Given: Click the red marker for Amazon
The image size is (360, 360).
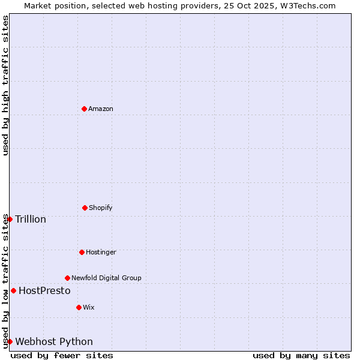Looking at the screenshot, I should pyautogui.click(x=84, y=109).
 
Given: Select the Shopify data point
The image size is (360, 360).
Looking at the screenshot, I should pyautogui.click(x=85, y=208).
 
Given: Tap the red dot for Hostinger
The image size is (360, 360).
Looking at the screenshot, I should pyautogui.click(x=82, y=252).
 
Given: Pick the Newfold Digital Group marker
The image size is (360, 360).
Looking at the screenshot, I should pyautogui.click(x=67, y=278).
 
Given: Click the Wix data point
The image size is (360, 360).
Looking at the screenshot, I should pyautogui.click(x=79, y=307).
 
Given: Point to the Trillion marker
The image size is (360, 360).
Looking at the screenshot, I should pyautogui.click(x=10, y=219).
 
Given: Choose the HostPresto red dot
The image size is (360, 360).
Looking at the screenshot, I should pyautogui.click(x=13, y=290).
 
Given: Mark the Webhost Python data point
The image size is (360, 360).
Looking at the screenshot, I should pyautogui.click(x=10, y=341).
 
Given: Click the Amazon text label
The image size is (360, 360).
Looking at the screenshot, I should pyautogui.click(x=101, y=109).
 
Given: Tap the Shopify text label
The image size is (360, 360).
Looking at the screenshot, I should pyautogui.click(x=101, y=208).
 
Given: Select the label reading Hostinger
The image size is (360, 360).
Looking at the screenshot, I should pyautogui.click(x=101, y=252).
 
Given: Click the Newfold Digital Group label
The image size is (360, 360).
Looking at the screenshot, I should pyautogui.click(x=106, y=278).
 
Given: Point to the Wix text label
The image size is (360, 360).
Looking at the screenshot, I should pyautogui.click(x=89, y=307).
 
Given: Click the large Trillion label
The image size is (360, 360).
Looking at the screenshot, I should pyautogui.click(x=31, y=219).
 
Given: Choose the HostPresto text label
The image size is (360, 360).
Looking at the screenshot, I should pyautogui.click(x=44, y=290).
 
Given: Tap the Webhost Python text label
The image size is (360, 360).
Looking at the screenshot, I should pyautogui.click(x=54, y=341).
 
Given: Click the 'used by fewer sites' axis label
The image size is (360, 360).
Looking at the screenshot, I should pyautogui.click(x=62, y=355).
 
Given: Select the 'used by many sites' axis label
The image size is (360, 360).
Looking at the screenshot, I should pyautogui.click(x=301, y=355).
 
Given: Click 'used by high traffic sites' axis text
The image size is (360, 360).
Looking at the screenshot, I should pyautogui.click(x=5, y=85).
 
